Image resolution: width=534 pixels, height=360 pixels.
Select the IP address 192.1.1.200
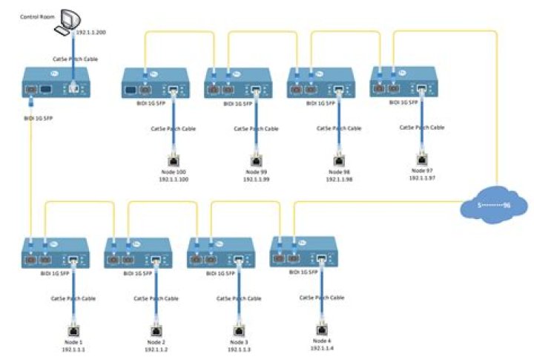coord(92,33)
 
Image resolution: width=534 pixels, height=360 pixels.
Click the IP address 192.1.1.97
coord(422,178)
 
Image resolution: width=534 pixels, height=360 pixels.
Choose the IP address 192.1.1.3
coord(239,349)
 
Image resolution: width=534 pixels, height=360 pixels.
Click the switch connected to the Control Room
coord(56,83)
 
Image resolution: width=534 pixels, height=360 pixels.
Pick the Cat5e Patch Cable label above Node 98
coord(340,128)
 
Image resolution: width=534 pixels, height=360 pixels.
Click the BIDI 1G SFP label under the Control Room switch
coord(37,118)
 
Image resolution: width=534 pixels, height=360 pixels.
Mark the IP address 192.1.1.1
coord(73,349)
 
